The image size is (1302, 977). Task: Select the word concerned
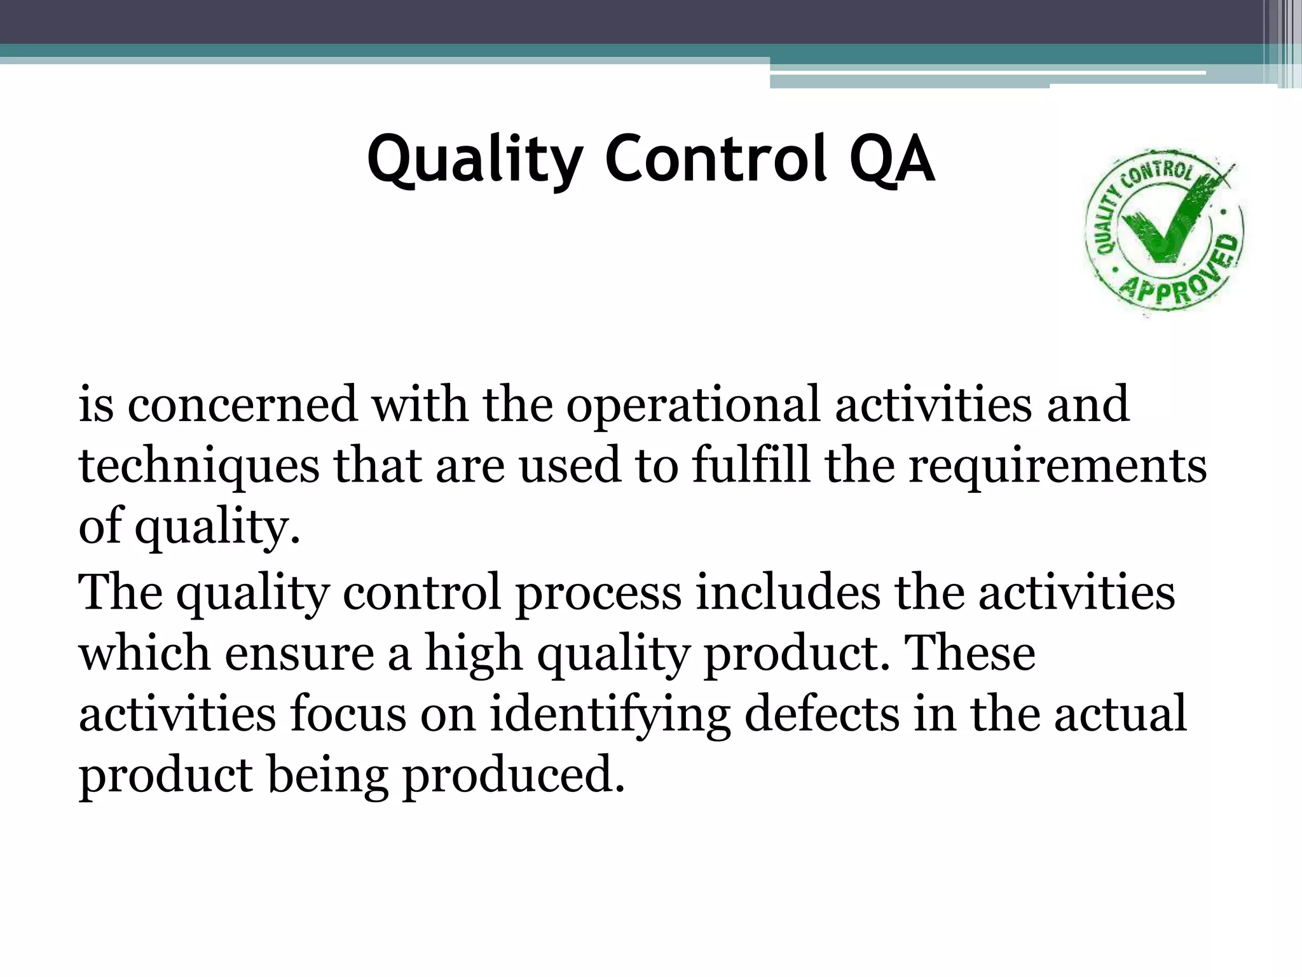(x=242, y=405)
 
